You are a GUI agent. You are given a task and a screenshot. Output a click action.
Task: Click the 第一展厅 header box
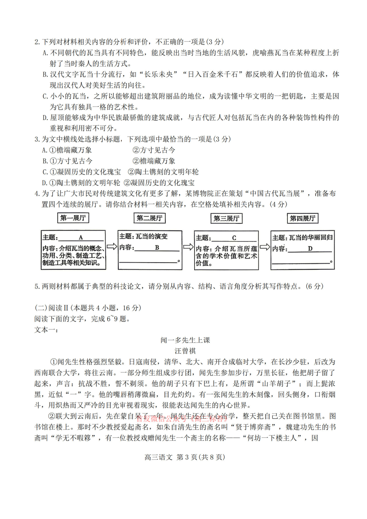(73, 218)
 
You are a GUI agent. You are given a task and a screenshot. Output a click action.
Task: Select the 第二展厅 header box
(149, 218)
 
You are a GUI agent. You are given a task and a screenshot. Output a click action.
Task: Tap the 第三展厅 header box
(226, 218)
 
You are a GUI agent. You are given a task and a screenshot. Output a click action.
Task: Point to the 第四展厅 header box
(303, 218)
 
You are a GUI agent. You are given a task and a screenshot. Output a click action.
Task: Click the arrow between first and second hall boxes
(112, 246)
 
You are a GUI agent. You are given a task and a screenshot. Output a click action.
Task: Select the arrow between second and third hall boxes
(188, 247)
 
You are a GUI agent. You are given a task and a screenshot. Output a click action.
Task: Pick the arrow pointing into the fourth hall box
(265, 247)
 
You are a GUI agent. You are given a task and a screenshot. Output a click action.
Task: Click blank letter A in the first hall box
(81, 237)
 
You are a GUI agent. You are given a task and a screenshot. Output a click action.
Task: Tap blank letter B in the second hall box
(157, 247)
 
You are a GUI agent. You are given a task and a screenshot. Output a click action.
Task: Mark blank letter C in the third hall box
(234, 238)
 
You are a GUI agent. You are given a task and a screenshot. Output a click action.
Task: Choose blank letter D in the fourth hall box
(310, 249)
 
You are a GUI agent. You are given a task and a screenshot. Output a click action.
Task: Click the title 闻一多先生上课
(185, 340)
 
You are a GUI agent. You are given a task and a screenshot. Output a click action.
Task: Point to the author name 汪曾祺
(185, 351)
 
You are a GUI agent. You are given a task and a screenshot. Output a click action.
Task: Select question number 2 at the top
(37, 42)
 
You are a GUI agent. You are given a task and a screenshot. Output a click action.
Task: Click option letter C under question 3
(45, 172)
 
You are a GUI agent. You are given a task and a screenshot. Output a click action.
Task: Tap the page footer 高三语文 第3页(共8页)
(185, 457)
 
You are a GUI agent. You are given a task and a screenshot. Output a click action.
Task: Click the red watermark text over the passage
(181, 419)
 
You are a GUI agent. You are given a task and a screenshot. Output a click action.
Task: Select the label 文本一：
(46, 330)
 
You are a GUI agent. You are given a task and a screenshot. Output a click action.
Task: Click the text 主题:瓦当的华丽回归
(302, 237)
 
